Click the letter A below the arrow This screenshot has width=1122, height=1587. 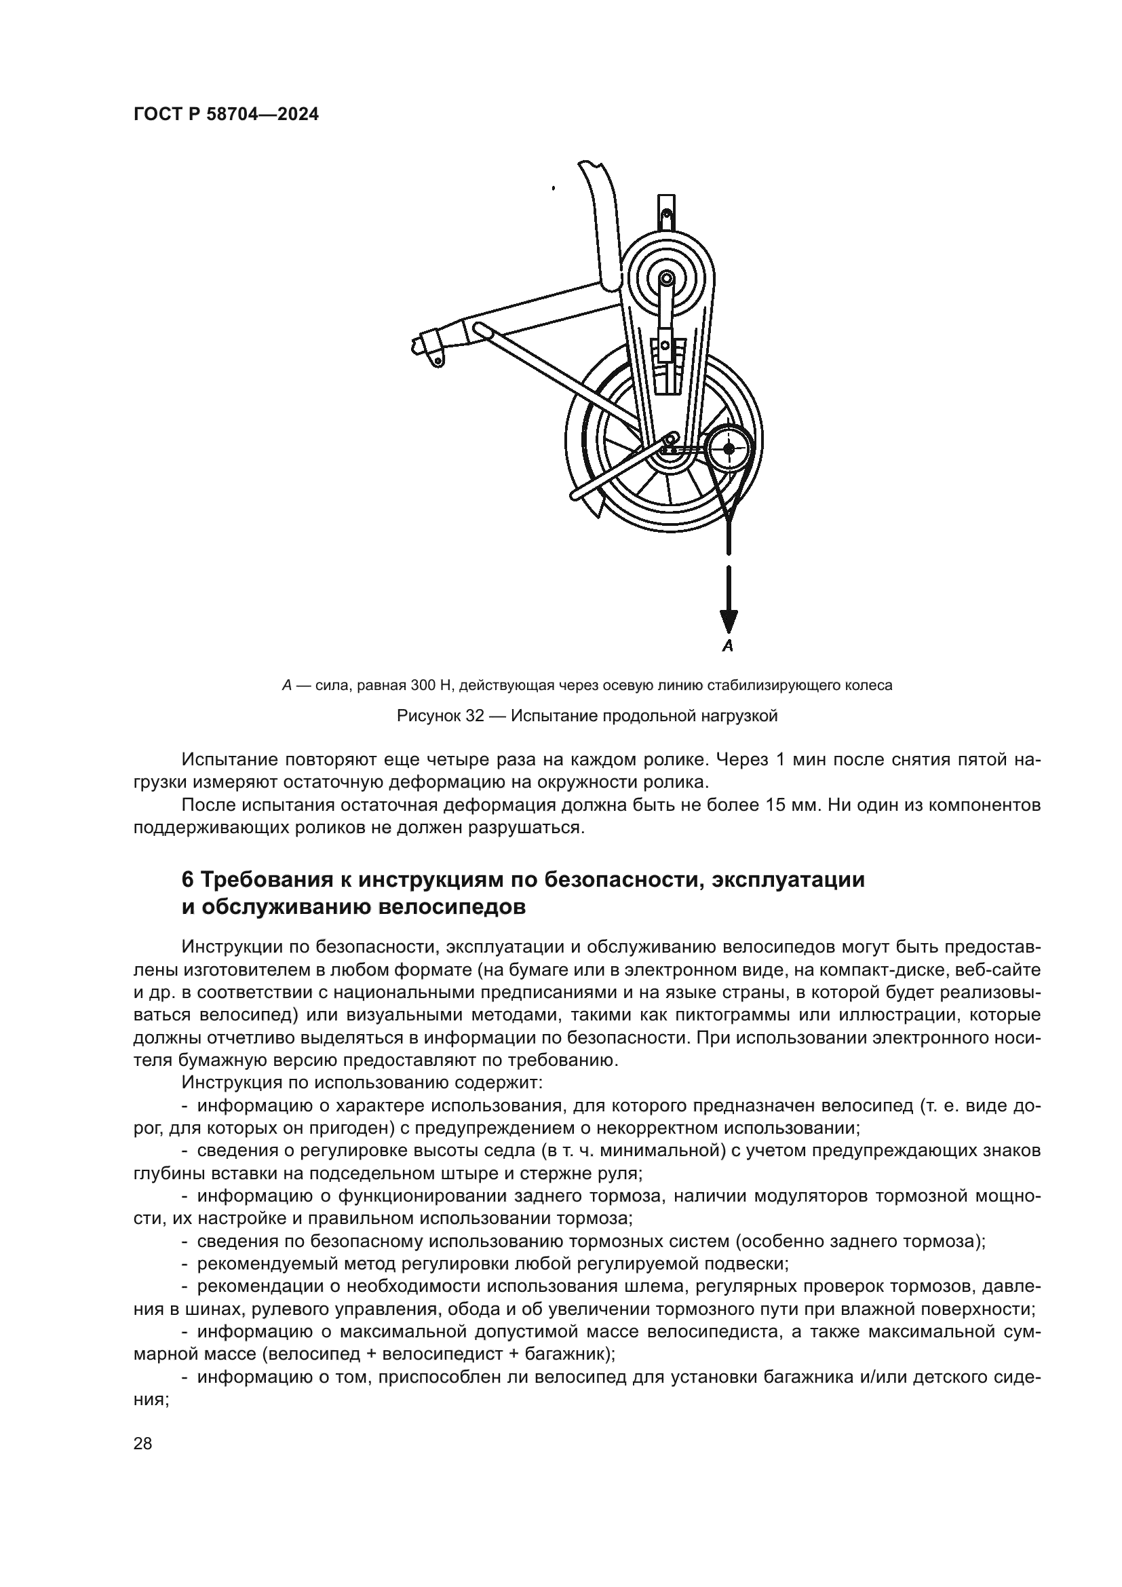coord(727,647)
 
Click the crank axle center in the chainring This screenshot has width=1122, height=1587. coord(665,280)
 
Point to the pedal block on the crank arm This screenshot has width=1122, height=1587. coord(664,345)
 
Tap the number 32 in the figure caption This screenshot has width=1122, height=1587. coord(474,716)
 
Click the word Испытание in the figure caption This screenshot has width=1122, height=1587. coord(558,716)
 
